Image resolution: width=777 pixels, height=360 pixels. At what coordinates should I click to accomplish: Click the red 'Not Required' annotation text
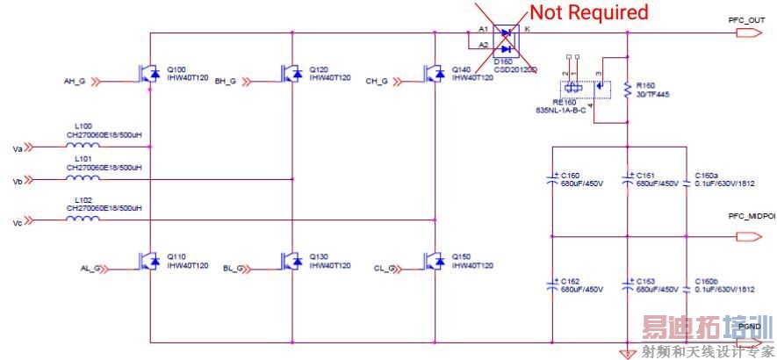(587, 12)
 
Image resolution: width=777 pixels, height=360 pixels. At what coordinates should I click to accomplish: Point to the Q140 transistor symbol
(433, 73)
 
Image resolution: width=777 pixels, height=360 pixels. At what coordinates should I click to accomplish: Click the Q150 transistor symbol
(433, 262)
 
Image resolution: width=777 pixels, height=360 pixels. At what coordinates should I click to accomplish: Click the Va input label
(17, 148)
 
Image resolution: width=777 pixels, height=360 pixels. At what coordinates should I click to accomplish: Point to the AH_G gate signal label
(74, 82)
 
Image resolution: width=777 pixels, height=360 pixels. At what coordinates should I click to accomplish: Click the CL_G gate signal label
(385, 268)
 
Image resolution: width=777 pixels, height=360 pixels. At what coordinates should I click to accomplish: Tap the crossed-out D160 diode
(505, 39)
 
